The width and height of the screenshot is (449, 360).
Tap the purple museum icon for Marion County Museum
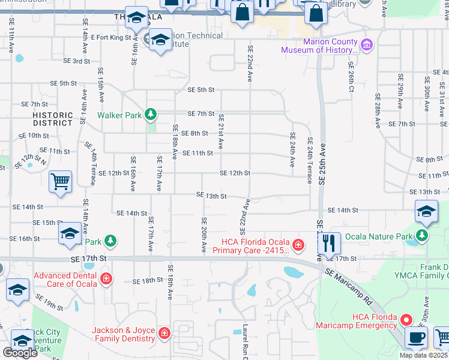(x=366, y=44)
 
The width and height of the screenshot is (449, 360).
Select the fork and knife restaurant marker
(x=328, y=243)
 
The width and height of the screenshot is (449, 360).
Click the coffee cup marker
(x=417, y=337)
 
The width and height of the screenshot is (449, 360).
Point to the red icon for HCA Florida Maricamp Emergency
(x=406, y=320)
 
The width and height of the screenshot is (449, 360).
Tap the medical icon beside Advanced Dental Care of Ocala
(x=106, y=278)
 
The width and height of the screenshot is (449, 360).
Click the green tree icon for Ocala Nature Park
(x=423, y=236)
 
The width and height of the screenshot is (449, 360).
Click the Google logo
(x=20, y=353)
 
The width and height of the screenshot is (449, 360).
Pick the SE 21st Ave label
(x=221, y=131)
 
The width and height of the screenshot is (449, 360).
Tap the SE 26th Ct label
(x=351, y=76)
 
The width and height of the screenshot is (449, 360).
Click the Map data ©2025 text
(x=423, y=355)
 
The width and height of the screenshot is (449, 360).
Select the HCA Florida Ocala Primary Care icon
(x=298, y=245)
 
